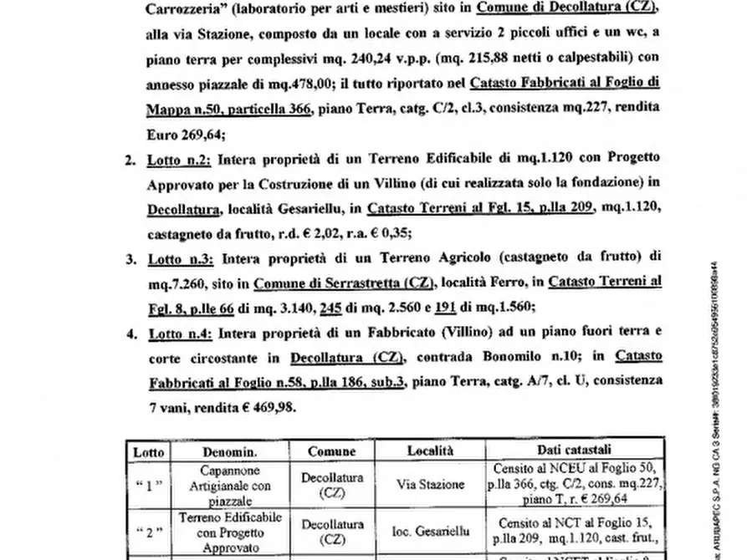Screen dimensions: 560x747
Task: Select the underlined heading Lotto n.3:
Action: click(x=179, y=258)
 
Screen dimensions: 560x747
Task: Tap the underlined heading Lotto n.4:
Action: click(x=179, y=333)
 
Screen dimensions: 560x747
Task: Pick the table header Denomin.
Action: click(x=226, y=451)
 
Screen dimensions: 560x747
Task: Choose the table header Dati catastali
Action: click(x=574, y=451)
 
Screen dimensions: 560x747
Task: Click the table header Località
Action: click(x=430, y=451)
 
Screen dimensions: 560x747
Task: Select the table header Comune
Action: click(x=331, y=451)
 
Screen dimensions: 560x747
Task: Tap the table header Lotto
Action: click(x=149, y=451)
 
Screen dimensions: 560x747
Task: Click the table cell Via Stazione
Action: click(x=430, y=484)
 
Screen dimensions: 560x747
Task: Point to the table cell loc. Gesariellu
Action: click(x=430, y=530)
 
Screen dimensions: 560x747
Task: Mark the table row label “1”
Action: click(x=149, y=484)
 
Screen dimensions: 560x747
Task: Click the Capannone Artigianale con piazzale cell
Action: click(x=226, y=484)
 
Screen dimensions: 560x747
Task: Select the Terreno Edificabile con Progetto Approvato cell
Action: click(x=226, y=530)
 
